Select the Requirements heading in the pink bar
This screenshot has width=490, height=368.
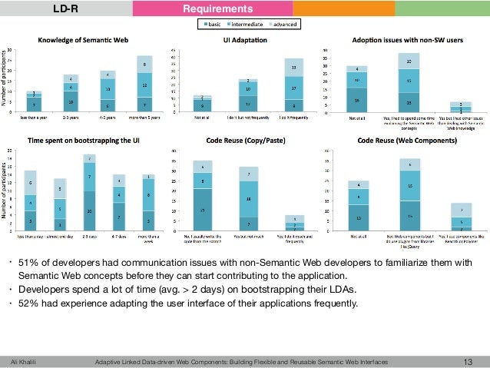(229, 9)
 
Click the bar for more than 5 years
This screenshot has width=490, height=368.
(144, 85)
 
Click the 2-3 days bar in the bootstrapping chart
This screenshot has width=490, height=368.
(89, 193)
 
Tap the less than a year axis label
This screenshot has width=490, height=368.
(29, 117)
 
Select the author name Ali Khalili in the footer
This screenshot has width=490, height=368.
(25, 361)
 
